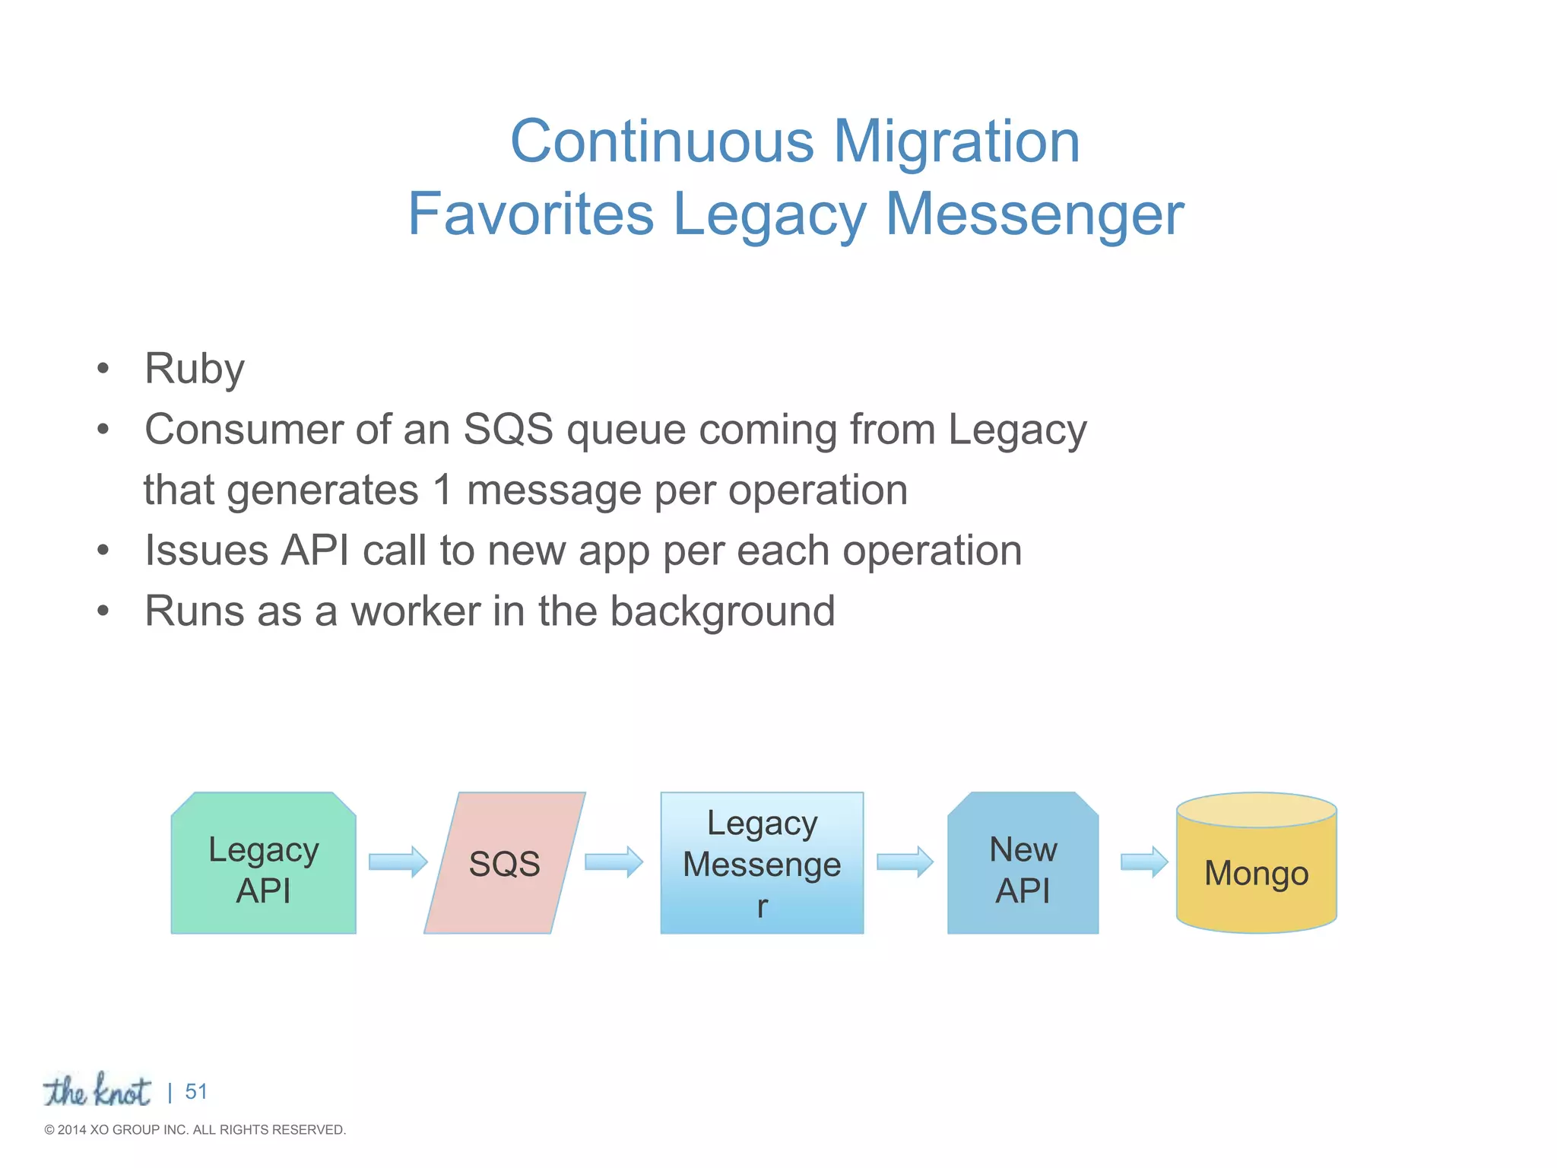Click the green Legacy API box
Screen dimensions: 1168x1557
(263, 863)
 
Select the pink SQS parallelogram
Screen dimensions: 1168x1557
(504, 863)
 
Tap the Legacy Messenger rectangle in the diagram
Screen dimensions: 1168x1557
(762, 863)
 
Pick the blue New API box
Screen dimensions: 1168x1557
(1023, 863)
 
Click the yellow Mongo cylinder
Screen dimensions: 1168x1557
(1256, 872)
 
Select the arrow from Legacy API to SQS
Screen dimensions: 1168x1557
(398, 862)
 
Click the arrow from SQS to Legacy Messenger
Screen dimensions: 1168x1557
(614, 862)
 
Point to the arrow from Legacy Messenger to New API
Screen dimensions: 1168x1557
(905, 862)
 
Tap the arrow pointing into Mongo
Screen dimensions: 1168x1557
(1144, 862)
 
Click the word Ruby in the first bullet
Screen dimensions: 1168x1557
(195, 370)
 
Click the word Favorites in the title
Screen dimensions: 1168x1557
(531, 214)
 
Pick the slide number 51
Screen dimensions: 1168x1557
(196, 1092)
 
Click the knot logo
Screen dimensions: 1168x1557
(97, 1090)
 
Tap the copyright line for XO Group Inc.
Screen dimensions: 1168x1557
(195, 1130)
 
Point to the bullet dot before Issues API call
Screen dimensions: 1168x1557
(103, 551)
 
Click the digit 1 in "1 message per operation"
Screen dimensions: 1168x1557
(442, 490)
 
